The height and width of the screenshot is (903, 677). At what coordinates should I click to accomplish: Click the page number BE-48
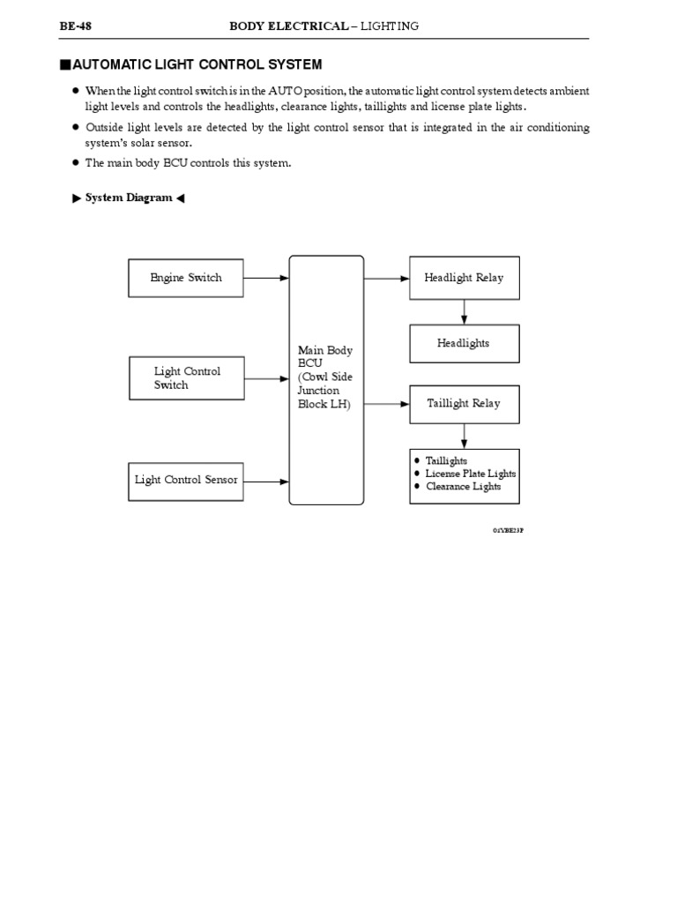76,26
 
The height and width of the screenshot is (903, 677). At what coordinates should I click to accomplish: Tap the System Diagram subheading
129,198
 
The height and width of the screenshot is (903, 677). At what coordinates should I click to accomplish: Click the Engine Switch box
186,278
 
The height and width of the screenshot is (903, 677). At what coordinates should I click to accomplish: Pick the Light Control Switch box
186,378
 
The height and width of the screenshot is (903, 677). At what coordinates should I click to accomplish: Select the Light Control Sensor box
186,481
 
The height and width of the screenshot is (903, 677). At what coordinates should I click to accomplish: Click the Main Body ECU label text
325,377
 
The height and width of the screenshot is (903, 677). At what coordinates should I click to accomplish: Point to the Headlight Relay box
464,278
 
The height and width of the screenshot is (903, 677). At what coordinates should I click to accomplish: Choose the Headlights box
464,343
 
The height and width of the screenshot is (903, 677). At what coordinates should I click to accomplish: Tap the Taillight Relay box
464,403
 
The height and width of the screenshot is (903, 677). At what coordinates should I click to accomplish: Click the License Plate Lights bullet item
470,474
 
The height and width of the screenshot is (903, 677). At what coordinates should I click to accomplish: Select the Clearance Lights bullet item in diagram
463,486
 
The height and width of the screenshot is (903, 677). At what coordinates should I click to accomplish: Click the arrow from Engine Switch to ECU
266,278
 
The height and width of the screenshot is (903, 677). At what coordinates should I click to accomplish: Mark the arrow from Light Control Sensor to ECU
266,481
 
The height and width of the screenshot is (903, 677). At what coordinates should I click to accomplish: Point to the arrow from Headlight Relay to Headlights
465,311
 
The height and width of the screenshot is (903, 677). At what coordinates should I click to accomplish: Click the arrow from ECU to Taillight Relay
386,404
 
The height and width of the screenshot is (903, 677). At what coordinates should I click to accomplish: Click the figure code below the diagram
508,530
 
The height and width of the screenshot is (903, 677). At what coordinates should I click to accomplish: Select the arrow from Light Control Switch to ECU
266,379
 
